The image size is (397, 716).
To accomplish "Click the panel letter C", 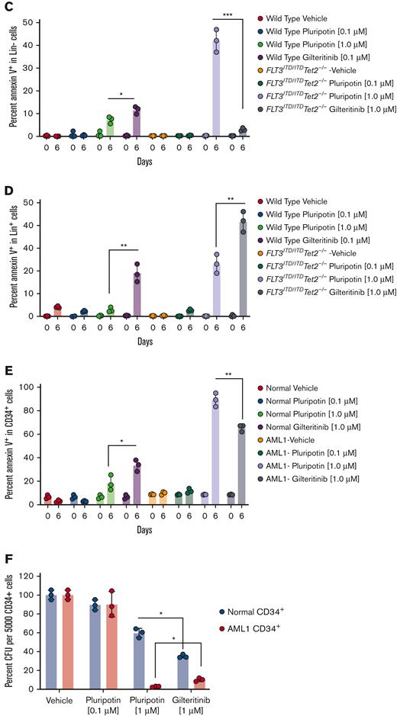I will point(6,8).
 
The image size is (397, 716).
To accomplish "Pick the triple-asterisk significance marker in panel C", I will point(228,14).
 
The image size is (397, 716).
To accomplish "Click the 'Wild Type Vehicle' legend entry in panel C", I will point(298,17).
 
